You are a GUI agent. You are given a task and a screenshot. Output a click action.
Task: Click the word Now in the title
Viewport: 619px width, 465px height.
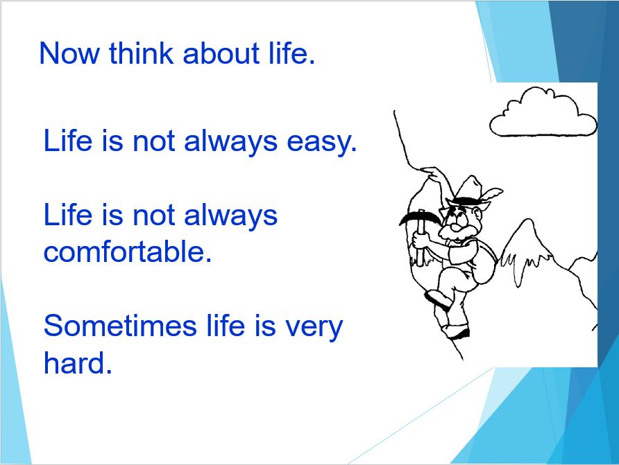point(69,53)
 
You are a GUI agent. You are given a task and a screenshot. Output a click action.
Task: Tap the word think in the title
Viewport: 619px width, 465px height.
point(141,53)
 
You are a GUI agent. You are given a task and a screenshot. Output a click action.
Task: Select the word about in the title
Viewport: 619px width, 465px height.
point(221,53)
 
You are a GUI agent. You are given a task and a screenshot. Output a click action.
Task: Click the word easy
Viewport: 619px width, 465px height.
point(322,142)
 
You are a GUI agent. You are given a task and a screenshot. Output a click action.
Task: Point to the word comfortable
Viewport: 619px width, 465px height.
point(128,252)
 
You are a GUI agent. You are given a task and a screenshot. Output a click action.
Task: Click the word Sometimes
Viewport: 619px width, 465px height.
point(120,326)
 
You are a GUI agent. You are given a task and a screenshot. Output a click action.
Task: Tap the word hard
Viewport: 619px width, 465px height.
point(78,362)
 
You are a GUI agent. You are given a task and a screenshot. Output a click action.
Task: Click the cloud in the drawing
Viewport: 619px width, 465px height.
point(543,114)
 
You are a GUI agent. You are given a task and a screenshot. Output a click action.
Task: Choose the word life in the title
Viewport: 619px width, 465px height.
point(291,53)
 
